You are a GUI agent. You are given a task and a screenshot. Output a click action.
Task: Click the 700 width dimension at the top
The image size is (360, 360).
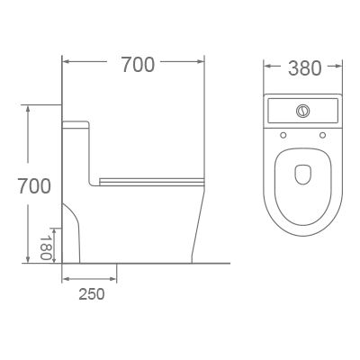pyautogui.click(x=137, y=65)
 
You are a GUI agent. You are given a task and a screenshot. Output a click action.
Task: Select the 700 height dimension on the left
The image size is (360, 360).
pyautogui.click(x=33, y=186)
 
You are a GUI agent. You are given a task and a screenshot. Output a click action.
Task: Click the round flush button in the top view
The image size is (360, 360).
pyautogui.click(x=303, y=112)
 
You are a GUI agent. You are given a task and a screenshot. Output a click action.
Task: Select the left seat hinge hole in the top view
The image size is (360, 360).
pyautogui.click(x=283, y=135)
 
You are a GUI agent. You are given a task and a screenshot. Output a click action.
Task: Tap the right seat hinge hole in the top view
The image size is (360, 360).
pyautogui.click(x=323, y=135)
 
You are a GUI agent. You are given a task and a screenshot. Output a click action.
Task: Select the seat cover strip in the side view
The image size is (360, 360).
pyautogui.click(x=148, y=180)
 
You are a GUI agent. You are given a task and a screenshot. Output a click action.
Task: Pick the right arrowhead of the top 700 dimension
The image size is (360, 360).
pyautogui.click(x=204, y=63)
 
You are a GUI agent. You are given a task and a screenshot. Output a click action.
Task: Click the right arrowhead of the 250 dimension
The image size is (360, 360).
pyautogui.click(x=114, y=280)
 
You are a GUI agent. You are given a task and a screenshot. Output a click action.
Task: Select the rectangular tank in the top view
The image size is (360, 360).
pyautogui.click(x=303, y=112)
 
